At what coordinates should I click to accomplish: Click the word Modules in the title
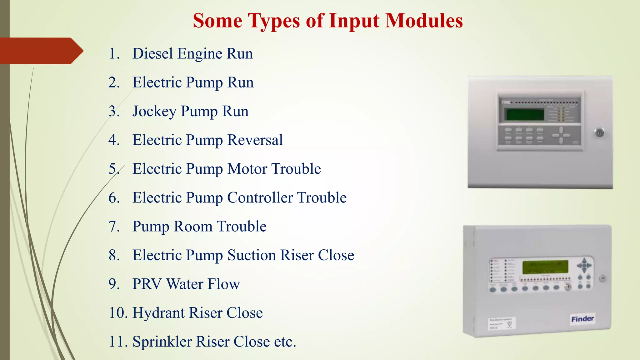click(424, 21)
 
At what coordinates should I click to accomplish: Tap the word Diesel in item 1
click(152, 53)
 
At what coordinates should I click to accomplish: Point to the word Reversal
click(255, 140)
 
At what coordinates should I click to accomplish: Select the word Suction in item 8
click(252, 255)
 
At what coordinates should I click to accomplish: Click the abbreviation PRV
click(147, 284)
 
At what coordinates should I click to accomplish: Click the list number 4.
click(114, 140)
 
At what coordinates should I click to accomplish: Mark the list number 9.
click(114, 284)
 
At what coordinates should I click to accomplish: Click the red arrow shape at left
click(41, 51)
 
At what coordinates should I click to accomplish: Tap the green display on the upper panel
click(525, 115)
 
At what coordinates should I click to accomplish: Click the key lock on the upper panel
click(599, 133)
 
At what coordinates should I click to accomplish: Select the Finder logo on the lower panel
click(582, 319)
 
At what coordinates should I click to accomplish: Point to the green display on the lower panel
click(545, 267)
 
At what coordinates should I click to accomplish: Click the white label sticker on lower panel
click(502, 323)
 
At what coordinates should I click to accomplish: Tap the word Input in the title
click(354, 21)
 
